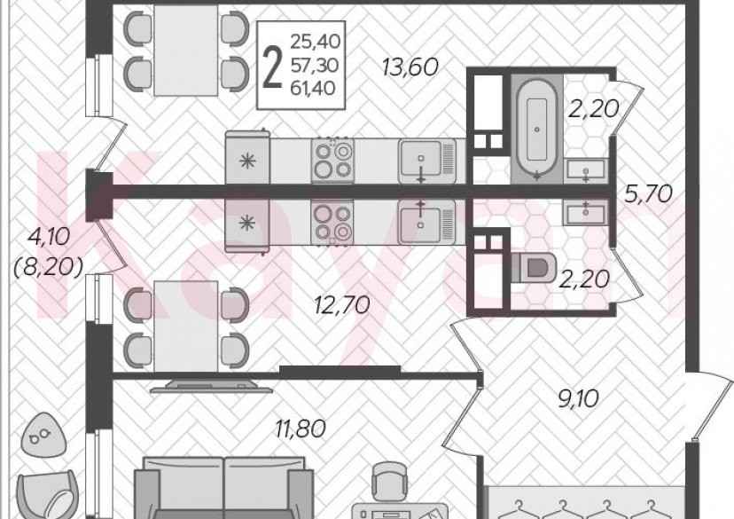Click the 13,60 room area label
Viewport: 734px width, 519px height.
tap(410, 67)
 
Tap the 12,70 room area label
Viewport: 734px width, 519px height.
tap(342, 305)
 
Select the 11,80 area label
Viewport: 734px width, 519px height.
tap(300, 429)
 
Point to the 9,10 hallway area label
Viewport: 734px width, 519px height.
tap(579, 398)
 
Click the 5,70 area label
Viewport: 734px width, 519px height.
tap(648, 193)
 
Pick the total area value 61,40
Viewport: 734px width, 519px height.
tap(313, 88)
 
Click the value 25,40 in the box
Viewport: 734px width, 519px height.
tap(315, 42)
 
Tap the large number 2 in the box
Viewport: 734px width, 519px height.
tap(272, 68)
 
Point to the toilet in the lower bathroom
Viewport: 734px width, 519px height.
tap(535, 268)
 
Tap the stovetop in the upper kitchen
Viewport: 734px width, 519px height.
tap(332, 160)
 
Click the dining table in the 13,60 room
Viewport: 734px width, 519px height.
tap(186, 51)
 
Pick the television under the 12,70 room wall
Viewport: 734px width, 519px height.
tap(212, 386)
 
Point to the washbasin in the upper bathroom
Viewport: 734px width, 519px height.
tap(586, 170)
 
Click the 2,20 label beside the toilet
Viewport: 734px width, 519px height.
tap(584, 279)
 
